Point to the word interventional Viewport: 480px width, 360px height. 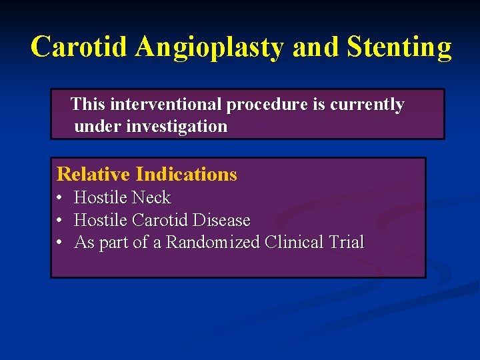coord(167,105)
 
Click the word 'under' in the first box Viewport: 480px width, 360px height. coord(94,126)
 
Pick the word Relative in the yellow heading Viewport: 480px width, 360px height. coord(93,174)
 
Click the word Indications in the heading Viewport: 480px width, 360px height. coord(186,174)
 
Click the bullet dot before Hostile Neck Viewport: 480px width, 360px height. coord(60,199)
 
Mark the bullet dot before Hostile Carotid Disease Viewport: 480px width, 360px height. coord(60,221)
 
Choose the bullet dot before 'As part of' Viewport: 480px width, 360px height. coord(60,243)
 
